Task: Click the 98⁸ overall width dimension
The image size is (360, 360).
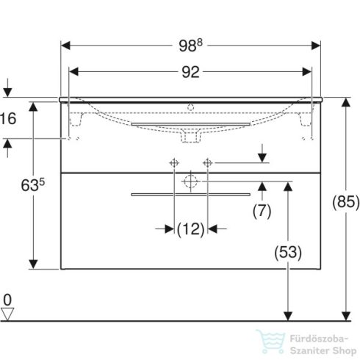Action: coord(190,46)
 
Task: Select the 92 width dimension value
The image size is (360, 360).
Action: coord(190,72)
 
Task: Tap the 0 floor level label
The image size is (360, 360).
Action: coord(7,300)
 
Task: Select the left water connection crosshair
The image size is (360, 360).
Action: coord(175,162)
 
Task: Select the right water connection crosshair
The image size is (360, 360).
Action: coord(207,162)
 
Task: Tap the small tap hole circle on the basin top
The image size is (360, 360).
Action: coord(191,107)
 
